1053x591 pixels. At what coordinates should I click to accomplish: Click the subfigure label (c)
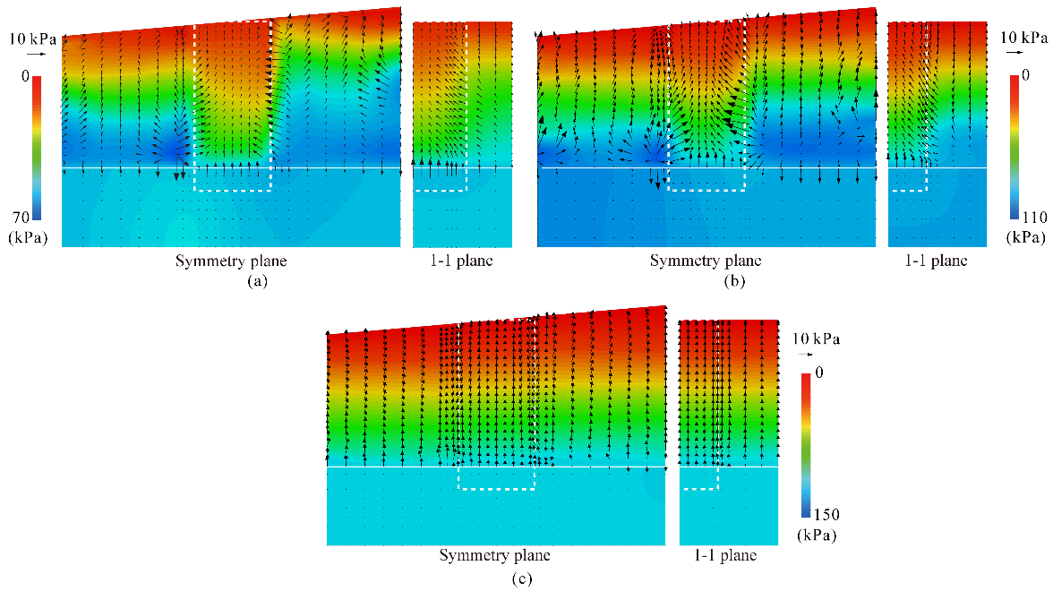click(520, 578)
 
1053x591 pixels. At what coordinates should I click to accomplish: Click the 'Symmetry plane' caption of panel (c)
click(494, 555)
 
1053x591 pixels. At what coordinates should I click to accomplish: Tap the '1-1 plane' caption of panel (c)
click(725, 555)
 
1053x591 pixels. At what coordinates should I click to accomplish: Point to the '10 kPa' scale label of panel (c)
click(816, 339)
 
